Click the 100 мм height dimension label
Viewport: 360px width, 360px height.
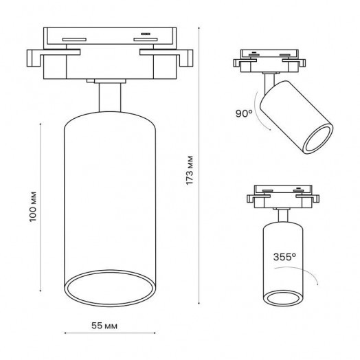coord(33,207)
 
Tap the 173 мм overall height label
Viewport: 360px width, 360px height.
coord(190,170)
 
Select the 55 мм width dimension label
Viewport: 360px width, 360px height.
coord(104,326)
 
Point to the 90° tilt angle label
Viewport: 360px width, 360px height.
coord(244,113)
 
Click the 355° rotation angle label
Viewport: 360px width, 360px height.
coord(284,257)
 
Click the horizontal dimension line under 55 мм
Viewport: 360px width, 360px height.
coord(110,333)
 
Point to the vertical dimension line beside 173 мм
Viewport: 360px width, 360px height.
coord(199,166)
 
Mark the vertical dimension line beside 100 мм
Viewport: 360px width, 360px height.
coord(41,207)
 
